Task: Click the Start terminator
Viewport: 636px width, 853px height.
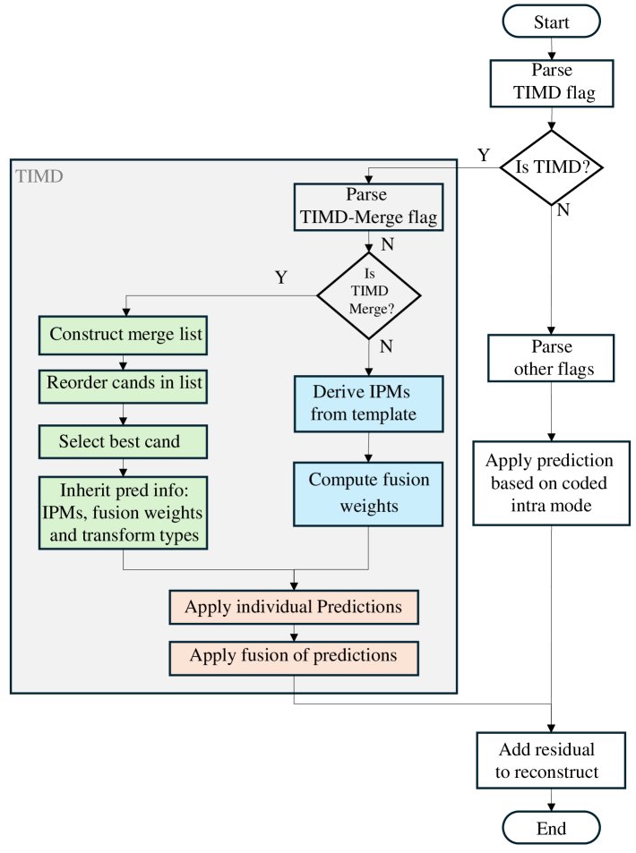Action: (551, 21)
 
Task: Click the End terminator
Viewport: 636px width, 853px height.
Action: (551, 828)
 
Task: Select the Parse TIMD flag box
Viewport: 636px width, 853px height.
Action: (552, 83)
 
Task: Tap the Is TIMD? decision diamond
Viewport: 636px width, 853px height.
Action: (551, 167)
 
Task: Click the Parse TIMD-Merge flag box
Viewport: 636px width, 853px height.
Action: (369, 207)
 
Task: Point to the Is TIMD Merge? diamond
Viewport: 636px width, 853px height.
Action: (369, 296)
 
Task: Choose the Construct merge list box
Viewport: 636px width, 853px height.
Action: (123, 335)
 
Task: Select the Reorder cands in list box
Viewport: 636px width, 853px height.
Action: (123, 387)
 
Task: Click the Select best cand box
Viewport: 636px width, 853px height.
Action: (123, 442)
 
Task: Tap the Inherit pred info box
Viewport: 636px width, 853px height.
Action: (123, 513)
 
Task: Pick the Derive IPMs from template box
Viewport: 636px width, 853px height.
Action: (369, 404)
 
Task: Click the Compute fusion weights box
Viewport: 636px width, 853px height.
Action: (369, 494)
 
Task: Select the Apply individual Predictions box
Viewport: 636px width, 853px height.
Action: (294, 607)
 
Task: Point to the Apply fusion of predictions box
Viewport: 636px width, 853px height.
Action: (294, 658)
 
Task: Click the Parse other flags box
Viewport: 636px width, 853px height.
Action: (551, 358)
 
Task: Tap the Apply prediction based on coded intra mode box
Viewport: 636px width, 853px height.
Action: (551, 483)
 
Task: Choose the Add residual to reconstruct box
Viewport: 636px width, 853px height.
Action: (551, 761)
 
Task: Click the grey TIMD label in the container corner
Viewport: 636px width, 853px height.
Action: (39, 176)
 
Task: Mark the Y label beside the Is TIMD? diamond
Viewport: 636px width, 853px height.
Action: (484, 155)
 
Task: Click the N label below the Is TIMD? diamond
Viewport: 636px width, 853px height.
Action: (563, 210)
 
